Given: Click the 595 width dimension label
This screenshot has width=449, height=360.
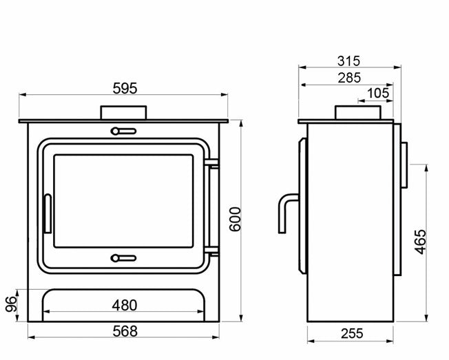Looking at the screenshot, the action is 125,88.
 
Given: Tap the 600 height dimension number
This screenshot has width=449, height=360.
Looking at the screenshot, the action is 236,219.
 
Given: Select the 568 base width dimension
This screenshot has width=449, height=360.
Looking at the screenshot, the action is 125,331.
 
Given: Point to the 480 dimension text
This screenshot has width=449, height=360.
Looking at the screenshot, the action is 125,306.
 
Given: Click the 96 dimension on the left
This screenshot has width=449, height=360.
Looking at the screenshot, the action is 11,304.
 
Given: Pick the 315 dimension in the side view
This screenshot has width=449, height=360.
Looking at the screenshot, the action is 348,61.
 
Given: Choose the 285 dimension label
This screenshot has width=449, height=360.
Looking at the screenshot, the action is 349,78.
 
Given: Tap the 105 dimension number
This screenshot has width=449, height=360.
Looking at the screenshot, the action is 378,94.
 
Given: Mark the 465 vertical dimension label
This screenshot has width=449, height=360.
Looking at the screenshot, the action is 421,242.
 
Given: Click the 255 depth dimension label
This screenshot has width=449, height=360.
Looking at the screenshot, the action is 352,333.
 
